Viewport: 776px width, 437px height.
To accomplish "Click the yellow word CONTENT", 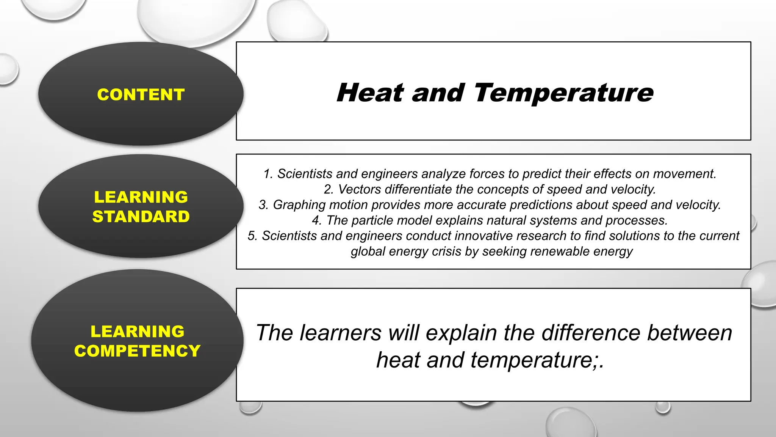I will click(x=141, y=94).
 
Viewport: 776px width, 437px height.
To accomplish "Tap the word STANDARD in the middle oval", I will click(x=141, y=217).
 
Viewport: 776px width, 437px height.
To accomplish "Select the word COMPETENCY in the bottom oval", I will click(x=137, y=351).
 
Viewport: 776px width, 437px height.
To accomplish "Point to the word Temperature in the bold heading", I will click(x=563, y=93).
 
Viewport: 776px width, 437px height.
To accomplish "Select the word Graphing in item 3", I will click(x=299, y=205).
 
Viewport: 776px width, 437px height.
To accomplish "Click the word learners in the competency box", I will click(x=340, y=333).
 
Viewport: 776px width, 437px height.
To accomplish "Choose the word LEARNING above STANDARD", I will click(x=141, y=197).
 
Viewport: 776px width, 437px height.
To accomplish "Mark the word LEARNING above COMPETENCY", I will click(x=137, y=332).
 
